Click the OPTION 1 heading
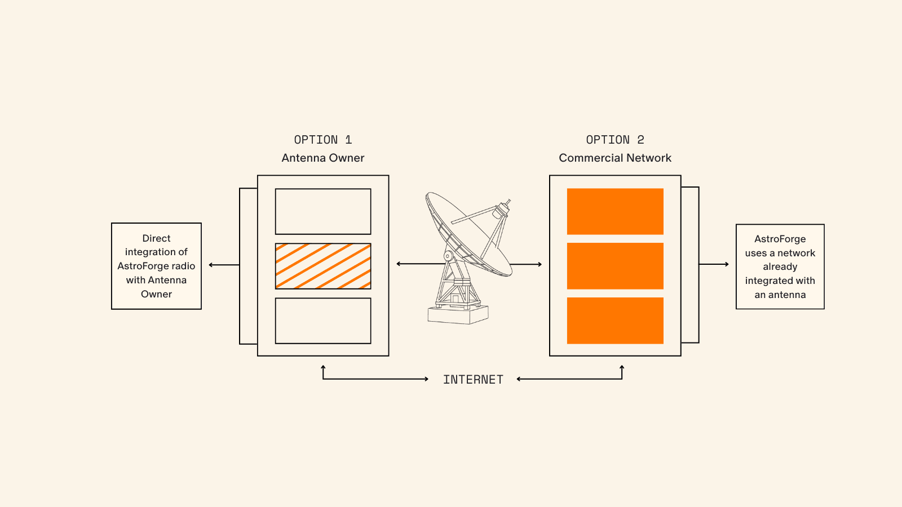322,140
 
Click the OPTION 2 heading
614,140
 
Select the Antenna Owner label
322,158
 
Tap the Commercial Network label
615,158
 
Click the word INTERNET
473,380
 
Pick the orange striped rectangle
323,266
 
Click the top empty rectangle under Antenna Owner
323,211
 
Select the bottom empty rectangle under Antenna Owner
323,321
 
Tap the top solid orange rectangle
615,211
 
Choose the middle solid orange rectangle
615,266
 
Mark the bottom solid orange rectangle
615,321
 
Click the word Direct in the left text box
156,238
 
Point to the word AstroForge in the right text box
780,239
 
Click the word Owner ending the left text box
156,294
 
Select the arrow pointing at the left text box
223,265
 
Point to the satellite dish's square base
458,314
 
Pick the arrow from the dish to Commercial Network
527,264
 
